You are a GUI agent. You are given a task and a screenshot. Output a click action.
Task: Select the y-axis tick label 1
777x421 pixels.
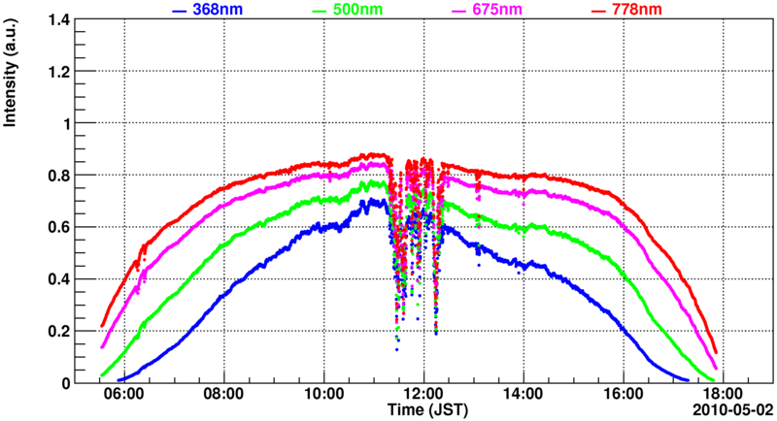point(80,123)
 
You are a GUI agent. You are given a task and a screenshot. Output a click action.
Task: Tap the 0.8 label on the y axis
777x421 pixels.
point(72,176)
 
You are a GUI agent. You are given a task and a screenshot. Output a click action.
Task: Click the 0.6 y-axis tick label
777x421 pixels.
point(72,227)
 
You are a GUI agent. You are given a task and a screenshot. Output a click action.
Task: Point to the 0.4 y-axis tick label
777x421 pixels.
point(72,279)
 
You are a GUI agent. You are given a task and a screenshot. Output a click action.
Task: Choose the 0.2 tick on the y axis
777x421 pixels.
point(72,331)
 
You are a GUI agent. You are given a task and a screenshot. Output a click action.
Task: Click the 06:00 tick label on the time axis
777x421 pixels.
point(125,396)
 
